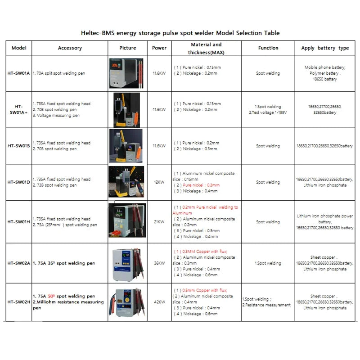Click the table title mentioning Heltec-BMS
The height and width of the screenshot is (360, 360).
180,33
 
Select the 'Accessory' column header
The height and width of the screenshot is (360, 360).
70,48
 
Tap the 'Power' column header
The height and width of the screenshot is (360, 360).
159,48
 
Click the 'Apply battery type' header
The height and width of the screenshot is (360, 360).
325,48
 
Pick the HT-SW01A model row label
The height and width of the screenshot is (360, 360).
19,73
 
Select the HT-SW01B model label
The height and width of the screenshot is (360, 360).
19,146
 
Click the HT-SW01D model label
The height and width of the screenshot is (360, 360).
19,182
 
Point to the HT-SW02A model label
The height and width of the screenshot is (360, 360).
19,263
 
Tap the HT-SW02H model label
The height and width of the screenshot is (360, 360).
19,302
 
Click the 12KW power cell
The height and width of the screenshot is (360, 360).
159,182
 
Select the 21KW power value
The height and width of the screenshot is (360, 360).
159,222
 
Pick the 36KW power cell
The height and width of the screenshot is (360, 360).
159,263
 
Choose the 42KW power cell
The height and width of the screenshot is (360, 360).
159,302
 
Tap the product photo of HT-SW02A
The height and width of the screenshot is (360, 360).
127,263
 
